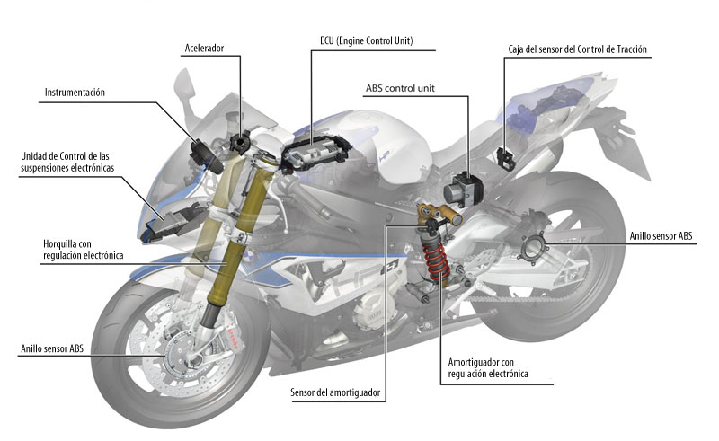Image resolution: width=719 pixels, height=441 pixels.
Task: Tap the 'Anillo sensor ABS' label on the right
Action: click(x=661, y=236)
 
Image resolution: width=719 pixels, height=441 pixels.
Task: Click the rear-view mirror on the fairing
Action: click(x=183, y=86)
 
